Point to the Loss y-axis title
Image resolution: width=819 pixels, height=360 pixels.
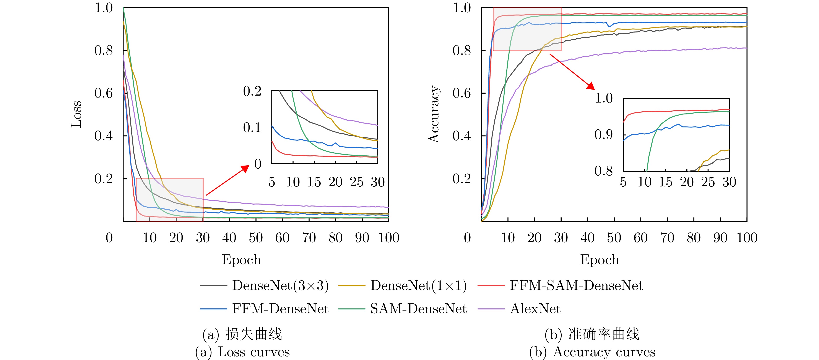[76, 114]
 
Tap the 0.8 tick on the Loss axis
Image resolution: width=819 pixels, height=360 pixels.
[104, 50]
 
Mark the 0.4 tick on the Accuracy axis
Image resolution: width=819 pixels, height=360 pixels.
[462, 136]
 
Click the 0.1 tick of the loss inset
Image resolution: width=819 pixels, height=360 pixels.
[252, 127]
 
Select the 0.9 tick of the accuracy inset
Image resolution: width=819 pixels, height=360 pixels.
[603, 135]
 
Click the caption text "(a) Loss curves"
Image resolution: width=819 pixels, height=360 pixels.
[242, 352]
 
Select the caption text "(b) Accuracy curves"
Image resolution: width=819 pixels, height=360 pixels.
[592, 352]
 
